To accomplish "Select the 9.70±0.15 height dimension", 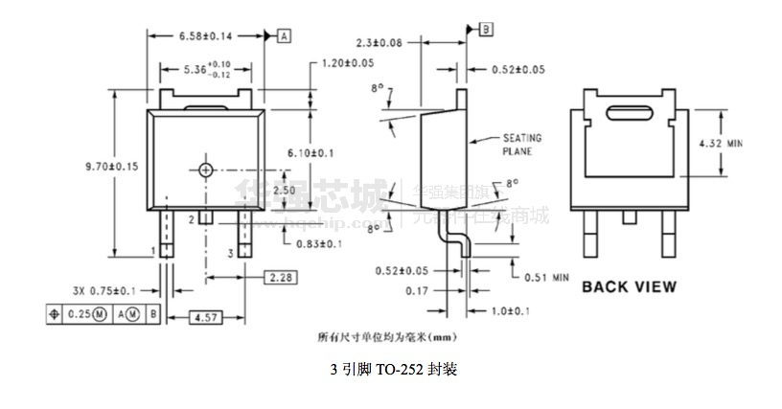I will [112, 166].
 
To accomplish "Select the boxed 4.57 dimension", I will [201, 315].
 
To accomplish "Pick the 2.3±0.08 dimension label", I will [379, 42].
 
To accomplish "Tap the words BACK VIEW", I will [629, 285].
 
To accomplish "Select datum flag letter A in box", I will [285, 35].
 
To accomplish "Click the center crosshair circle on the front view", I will [206, 170].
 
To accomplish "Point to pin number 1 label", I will [152, 252].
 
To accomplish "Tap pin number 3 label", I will [230, 253].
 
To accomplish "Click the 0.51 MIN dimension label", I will [546, 278].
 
